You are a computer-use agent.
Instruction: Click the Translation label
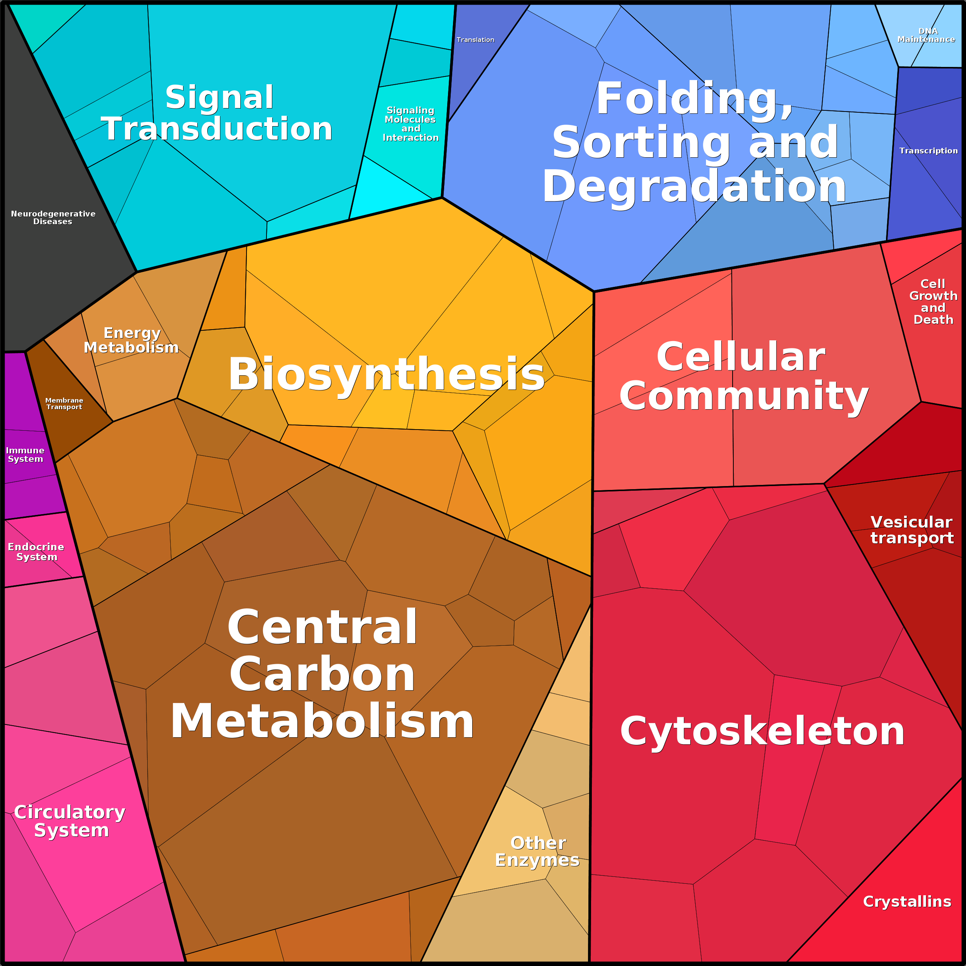pos(475,40)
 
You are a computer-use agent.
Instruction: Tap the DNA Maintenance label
pos(926,35)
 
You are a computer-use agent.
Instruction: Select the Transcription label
pos(928,150)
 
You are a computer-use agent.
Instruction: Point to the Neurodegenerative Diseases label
pos(53,218)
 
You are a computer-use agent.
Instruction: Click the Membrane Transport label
pos(64,403)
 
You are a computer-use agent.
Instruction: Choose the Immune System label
pos(25,455)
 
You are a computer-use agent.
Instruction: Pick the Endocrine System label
pos(36,551)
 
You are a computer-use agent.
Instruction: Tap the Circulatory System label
pos(70,821)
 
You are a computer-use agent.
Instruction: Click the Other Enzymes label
pos(538,851)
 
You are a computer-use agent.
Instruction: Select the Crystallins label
pos(907,901)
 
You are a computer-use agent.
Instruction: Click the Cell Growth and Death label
pos(933,301)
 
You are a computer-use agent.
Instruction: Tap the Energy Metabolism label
pos(132,340)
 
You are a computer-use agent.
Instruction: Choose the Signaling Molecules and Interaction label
pos(410,124)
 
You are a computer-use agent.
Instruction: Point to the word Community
pos(744,395)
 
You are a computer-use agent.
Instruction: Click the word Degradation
pos(694,186)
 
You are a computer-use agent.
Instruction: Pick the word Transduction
pos(217,129)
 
